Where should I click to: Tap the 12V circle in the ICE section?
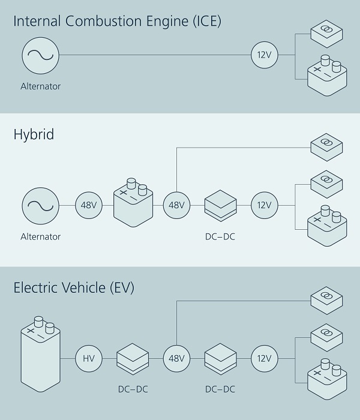pos(264,55)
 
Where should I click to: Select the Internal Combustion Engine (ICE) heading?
pos(118,22)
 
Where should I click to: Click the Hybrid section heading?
pos(34,134)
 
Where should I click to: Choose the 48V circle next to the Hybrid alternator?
pos(89,205)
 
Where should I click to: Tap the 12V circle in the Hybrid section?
pos(264,205)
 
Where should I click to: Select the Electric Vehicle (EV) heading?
pos(74,288)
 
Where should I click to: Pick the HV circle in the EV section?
pos(89,359)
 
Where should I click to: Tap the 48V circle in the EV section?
pos(176,359)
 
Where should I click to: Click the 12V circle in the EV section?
pos(264,359)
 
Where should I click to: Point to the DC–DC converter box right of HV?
pos(133,359)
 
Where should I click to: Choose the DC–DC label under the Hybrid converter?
pos(220,236)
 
